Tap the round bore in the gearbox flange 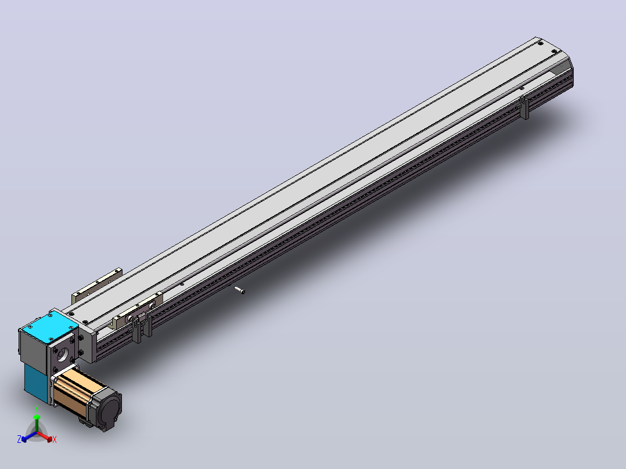(x=63, y=355)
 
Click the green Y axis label (x=37, y=408)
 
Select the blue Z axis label (x=19, y=439)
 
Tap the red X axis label (x=55, y=439)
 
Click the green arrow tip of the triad (x=37, y=417)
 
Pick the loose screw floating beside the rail (x=239, y=290)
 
